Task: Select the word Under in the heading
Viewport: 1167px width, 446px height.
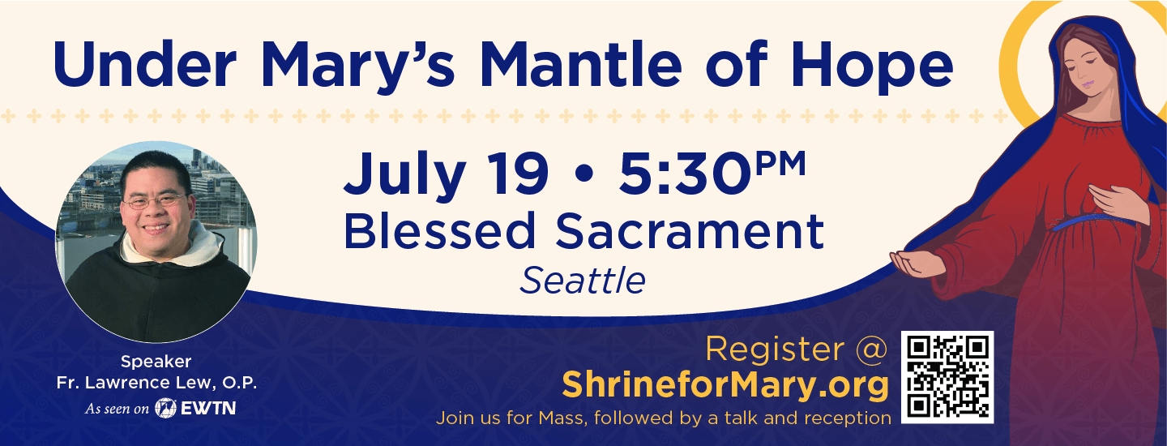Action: tap(139, 65)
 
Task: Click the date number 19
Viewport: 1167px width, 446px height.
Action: tap(515, 174)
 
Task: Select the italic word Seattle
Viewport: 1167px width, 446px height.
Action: tap(583, 281)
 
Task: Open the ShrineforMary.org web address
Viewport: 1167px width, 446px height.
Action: tap(725, 385)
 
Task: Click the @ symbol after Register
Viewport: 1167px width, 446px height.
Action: tap(872, 349)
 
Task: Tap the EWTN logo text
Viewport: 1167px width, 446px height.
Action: tap(207, 409)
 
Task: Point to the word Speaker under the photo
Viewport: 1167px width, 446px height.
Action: tap(156, 362)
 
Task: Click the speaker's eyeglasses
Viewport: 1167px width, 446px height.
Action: tap(156, 200)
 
